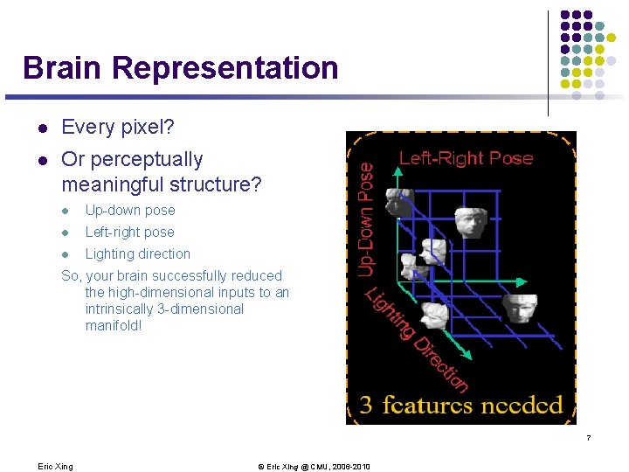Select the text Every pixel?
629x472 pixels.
[x=118, y=128]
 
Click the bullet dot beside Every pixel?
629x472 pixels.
[x=41, y=128]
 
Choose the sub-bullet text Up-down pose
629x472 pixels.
[x=130, y=211]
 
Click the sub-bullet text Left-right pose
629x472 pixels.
[x=130, y=233]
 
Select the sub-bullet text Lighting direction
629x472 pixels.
[x=138, y=254]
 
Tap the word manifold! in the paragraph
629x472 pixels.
[x=114, y=326]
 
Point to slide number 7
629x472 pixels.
[x=590, y=437]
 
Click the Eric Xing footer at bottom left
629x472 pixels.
[x=56, y=466]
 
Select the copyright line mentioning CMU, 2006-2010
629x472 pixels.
[x=314, y=466]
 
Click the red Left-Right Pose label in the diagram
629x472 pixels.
[x=466, y=158]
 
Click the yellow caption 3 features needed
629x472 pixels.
[x=461, y=405]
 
